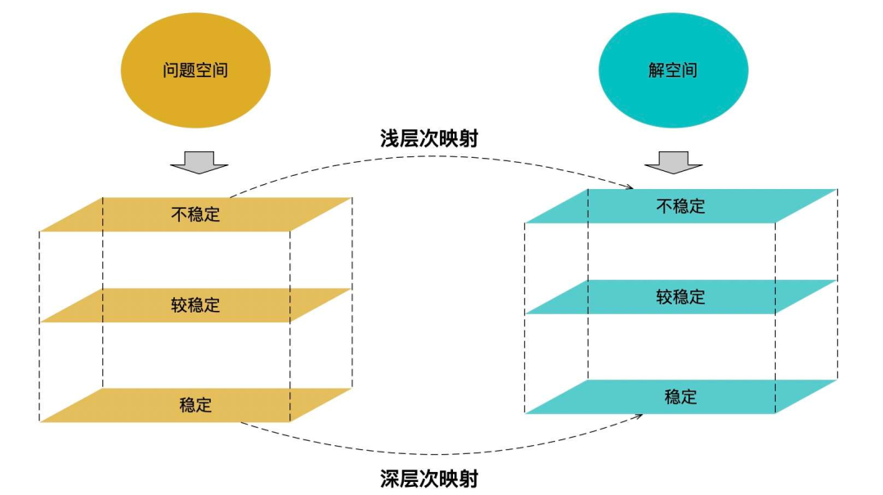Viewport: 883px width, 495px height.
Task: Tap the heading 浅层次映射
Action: pyautogui.click(x=428, y=138)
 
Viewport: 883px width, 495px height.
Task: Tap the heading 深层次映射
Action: pyautogui.click(x=428, y=478)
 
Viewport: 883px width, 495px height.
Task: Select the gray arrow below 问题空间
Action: pyautogui.click(x=196, y=161)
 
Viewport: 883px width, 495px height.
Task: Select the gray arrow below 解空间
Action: pyautogui.click(x=673, y=161)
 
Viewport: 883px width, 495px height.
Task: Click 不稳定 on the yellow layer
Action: pyautogui.click(x=195, y=214)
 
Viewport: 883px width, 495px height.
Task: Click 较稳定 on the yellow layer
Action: pyautogui.click(x=195, y=305)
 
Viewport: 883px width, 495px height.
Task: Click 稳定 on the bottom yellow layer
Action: pyautogui.click(x=195, y=404)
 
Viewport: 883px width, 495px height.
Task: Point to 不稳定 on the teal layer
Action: pyautogui.click(x=680, y=205)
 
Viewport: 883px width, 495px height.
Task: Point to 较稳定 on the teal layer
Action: pyautogui.click(x=680, y=296)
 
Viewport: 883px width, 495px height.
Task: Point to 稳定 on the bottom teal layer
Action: pyautogui.click(x=680, y=397)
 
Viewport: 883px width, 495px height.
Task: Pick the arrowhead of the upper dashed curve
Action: pyautogui.click(x=629, y=187)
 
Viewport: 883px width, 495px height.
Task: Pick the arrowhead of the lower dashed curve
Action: pyautogui.click(x=637, y=417)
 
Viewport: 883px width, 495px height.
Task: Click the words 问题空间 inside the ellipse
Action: pyautogui.click(x=195, y=70)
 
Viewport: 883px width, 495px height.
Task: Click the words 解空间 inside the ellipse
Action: pyautogui.click(x=673, y=70)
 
